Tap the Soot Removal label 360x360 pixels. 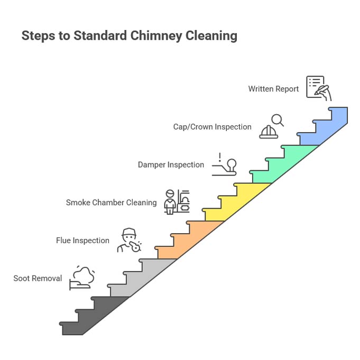click(38, 278)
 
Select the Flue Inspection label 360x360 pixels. click(82, 241)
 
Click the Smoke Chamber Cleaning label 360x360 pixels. click(111, 202)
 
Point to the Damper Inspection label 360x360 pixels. click(171, 165)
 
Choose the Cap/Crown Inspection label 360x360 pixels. click(212, 127)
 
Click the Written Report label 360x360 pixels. click(273, 89)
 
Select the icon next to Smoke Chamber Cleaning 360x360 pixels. click(177, 201)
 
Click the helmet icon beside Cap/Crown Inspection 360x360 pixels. click(269, 131)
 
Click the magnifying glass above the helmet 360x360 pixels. click(277, 119)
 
